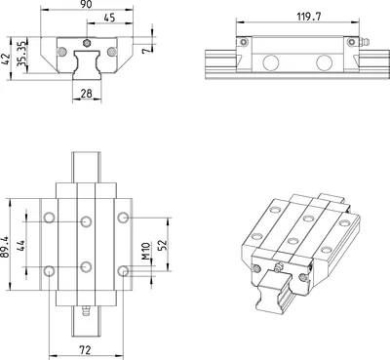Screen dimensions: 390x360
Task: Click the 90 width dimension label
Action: (86, 4)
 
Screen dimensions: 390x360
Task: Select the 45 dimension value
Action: (109, 18)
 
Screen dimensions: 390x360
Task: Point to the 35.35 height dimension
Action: (21, 54)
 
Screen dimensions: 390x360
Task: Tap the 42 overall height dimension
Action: (6, 60)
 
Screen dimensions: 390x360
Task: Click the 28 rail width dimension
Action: (87, 94)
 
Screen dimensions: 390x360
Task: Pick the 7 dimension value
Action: (147, 50)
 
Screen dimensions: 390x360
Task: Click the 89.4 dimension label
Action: (5, 247)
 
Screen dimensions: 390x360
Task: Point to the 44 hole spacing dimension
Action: (20, 246)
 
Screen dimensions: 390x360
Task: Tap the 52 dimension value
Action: (163, 245)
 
